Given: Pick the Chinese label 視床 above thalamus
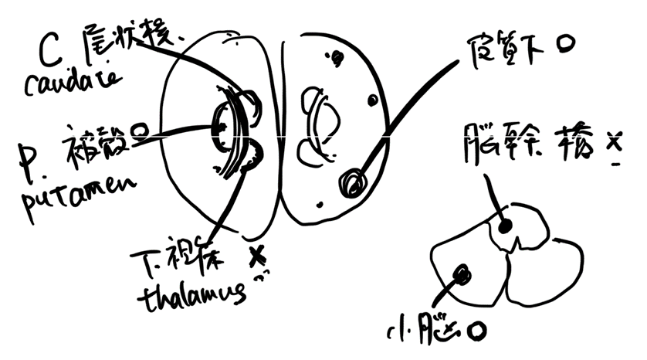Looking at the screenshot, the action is tap(198, 260).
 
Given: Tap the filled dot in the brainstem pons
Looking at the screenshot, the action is tap(506, 225).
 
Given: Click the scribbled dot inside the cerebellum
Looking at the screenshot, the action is tap(463, 273).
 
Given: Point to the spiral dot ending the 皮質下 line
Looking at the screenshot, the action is tap(352, 183).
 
